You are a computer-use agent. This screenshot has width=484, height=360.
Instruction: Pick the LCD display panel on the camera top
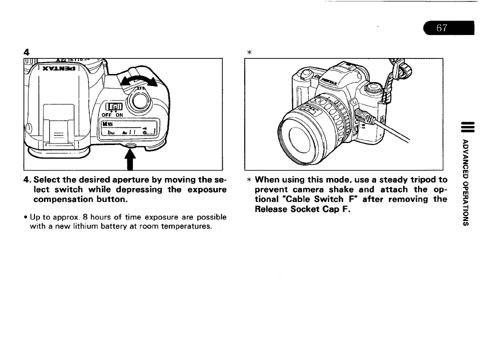point(129,129)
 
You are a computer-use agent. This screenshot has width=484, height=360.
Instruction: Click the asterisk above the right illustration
point(249,52)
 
